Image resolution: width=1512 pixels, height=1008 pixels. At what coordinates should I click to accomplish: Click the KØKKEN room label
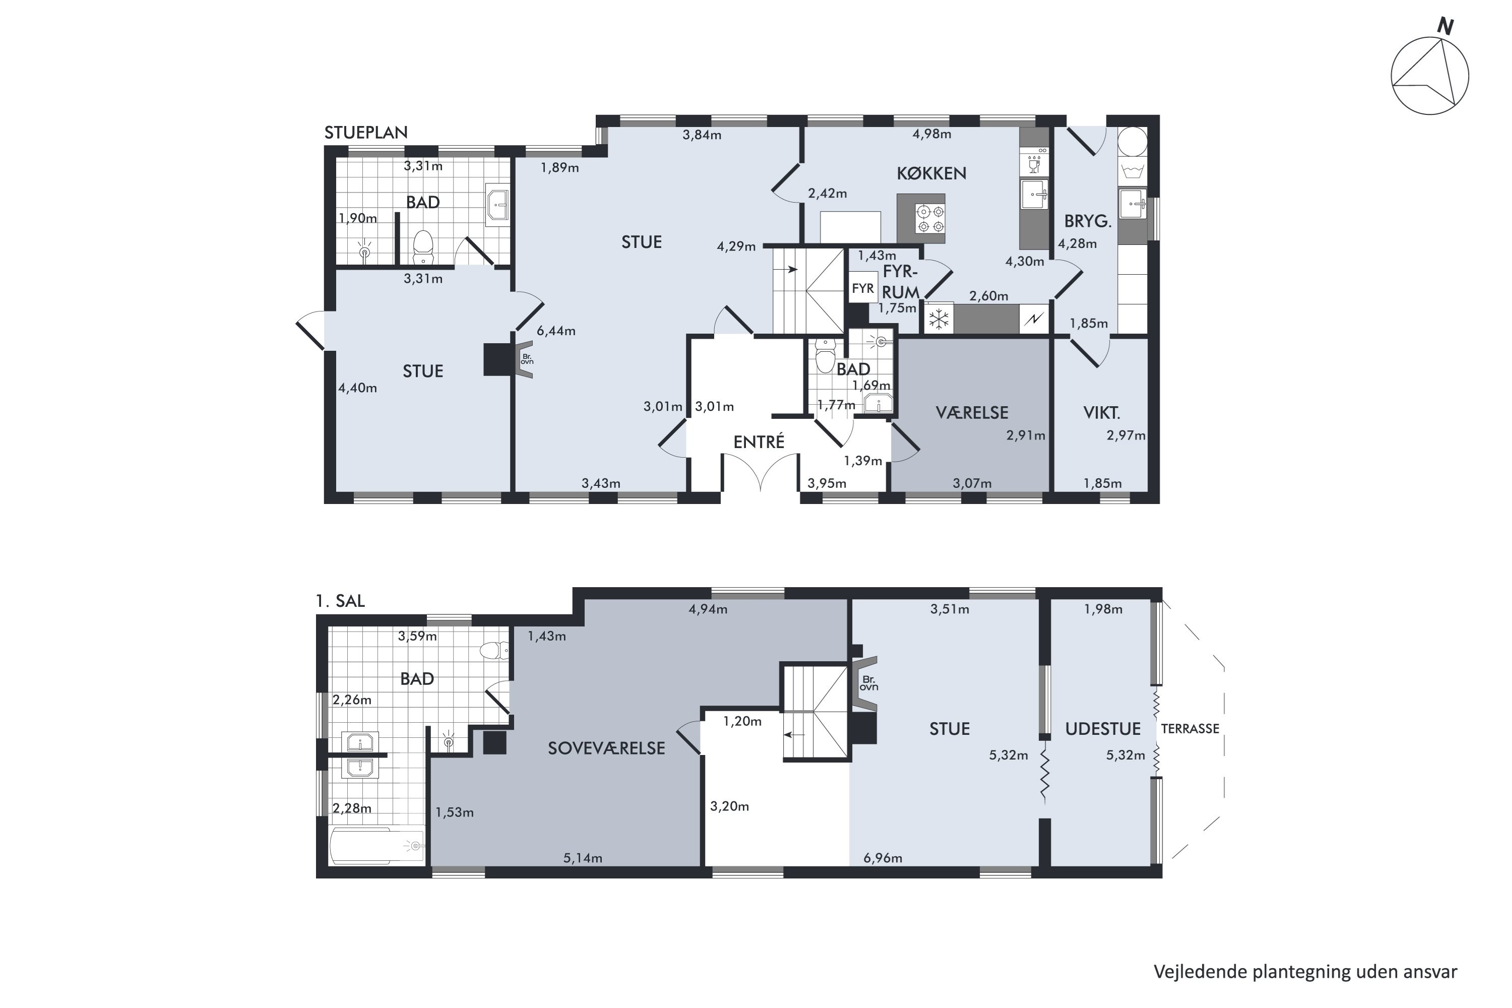pos(931,173)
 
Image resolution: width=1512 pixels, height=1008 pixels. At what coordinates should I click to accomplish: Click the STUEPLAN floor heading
pos(366,133)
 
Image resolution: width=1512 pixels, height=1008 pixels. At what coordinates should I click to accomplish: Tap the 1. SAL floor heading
pos(340,601)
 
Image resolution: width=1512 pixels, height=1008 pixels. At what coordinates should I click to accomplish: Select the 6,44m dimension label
pos(556,332)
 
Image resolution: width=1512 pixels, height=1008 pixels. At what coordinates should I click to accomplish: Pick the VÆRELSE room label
pos(972,413)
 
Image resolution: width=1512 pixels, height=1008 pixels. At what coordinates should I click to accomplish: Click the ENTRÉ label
pos(759,443)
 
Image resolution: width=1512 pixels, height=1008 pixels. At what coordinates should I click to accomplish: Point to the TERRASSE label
pos(1190,729)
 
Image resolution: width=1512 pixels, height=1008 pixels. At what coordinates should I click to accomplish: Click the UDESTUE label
pos(1103,729)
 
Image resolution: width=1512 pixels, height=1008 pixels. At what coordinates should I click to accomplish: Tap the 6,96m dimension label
pos(883,858)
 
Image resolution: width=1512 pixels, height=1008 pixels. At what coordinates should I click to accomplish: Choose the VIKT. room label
pos(1102,413)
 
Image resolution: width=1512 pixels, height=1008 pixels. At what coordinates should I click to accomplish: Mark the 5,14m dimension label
pos(583,858)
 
